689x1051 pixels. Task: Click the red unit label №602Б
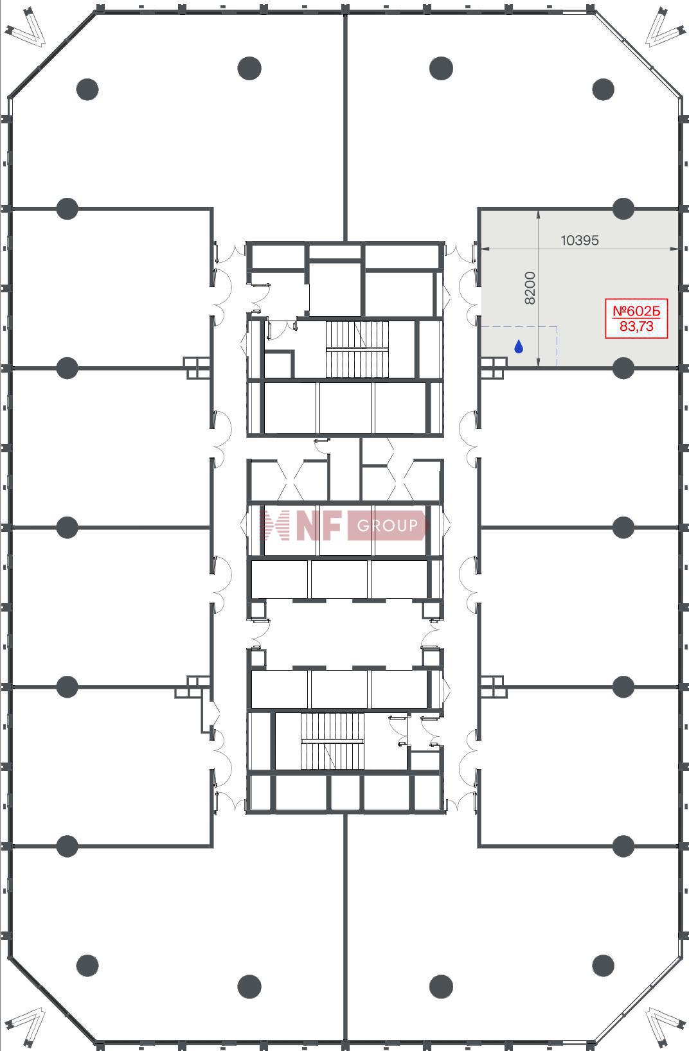tap(636, 310)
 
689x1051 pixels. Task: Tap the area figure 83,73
tap(636, 326)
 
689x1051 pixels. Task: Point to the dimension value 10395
tap(580, 240)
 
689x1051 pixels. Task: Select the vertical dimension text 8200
tap(530, 288)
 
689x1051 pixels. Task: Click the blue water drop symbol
tap(519, 347)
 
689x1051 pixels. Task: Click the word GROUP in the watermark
tap(387, 525)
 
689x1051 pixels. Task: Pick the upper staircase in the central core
tap(357, 349)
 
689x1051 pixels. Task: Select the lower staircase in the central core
tap(332, 741)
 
